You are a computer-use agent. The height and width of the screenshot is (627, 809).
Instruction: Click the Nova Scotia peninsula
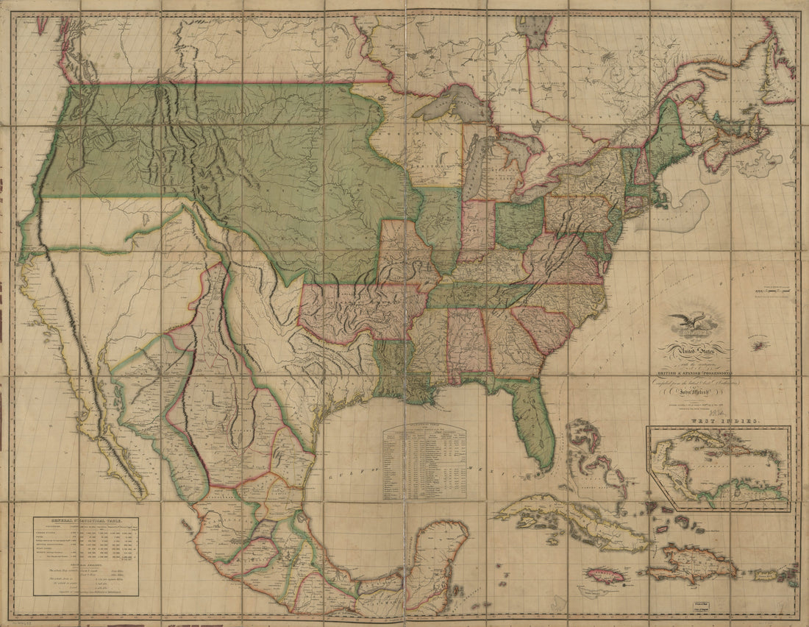735,144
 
